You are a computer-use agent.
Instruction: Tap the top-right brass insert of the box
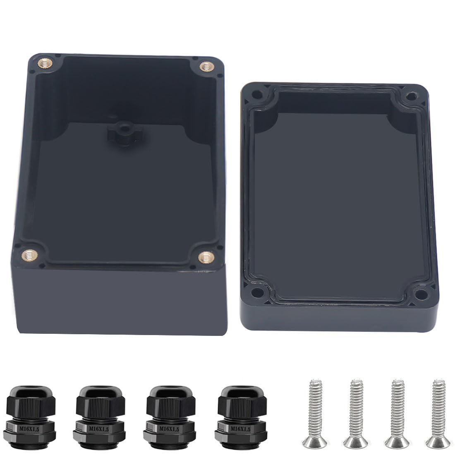click(205, 66)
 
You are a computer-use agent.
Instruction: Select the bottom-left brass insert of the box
click(28, 254)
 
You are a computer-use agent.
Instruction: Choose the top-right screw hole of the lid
click(411, 96)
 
